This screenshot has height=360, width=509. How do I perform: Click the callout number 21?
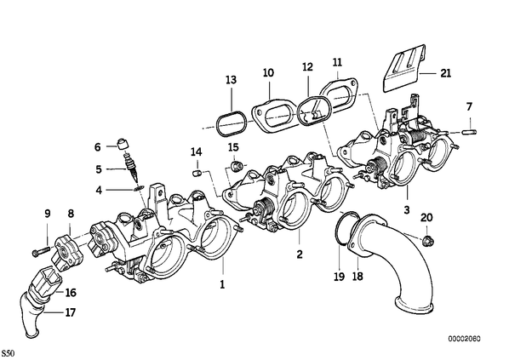coord(445,73)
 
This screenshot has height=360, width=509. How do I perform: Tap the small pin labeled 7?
coord(471,132)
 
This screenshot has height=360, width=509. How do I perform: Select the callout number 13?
coord(231,79)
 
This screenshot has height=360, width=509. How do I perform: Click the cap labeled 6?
coord(123,143)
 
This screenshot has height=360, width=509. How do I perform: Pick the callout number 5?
coord(99,169)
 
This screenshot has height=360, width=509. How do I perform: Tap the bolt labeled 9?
coord(41,250)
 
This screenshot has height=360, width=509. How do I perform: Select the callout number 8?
coord(71,214)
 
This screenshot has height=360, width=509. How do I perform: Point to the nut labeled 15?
coord(237,167)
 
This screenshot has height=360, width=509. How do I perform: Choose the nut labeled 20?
coord(428,241)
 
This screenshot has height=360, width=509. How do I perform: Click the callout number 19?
coord(339,277)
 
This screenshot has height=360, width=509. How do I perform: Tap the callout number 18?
coord(357,277)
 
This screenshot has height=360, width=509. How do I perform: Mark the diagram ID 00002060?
coord(464,339)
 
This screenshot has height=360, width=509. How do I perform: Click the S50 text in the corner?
coord(8,353)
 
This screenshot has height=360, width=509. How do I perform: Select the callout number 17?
coord(70,312)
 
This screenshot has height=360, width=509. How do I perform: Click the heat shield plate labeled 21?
coord(404,68)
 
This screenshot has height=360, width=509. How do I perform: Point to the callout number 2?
coord(300,254)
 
